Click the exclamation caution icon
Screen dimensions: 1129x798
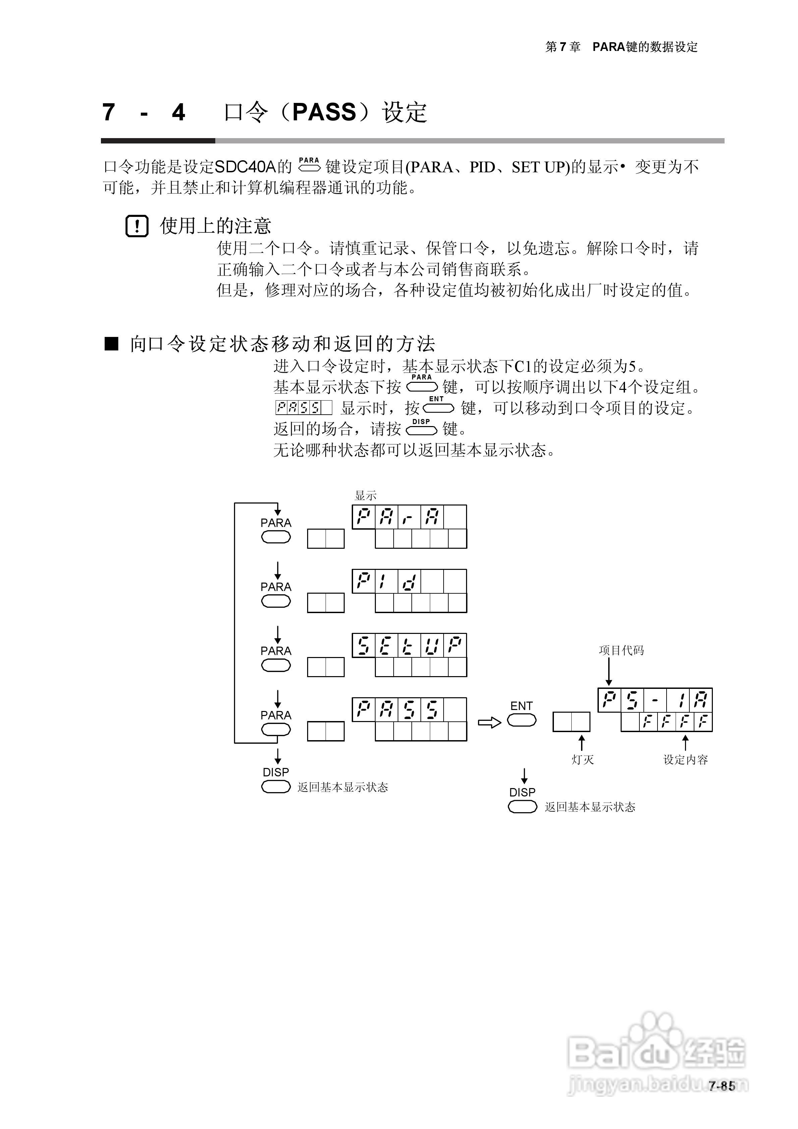pyautogui.click(x=137, y=226)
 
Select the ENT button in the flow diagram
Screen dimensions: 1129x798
pyautogui.click(x=521, y=721)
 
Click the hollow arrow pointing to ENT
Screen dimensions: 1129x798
pyautogui.click(x=489, y=722)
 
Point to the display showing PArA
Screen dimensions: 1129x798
pyautogui.click(x=409, y=517)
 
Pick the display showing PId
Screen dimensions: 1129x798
pyautogui.click(x=409, y=581)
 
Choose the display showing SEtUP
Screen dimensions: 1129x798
pyautogui.click(x=409, y=646)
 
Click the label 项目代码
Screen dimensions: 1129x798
pyautogui.click(x=621, y=651)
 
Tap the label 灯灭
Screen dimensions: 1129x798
pyautogui.click(x=582, y=760)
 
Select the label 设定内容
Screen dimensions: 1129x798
pyautogui.click(x=685, y=760)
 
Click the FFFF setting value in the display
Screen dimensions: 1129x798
pyautogui.click(x=676, y=722)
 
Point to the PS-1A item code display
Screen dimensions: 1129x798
pyautogui.click(x=655, y=700)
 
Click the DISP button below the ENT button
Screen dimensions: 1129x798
pyautogui.click(x=522, y=807)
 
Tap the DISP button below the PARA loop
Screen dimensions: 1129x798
pyautogui.click(x=276, y=787)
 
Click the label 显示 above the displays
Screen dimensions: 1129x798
pyautogui.click(x=365, y=496)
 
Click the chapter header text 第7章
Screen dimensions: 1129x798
pyautogui.click(x=563, y=47)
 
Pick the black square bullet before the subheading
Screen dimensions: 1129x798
pyautogui.click(x=112, y=344)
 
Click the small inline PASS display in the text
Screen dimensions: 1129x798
pyautogui.click(x=303, y=408)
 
